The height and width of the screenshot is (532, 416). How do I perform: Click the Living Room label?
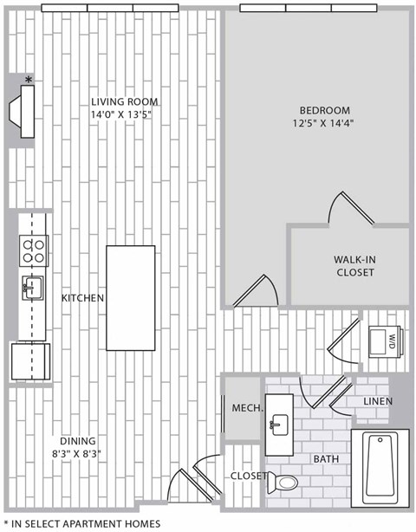pos(121,101)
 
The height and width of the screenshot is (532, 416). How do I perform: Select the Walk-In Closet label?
pos(354,265)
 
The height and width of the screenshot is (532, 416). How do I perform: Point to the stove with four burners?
pos(33,252)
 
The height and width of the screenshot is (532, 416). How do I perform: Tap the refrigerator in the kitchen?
pos(30,361)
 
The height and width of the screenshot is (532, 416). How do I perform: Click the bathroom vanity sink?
pos(278,423)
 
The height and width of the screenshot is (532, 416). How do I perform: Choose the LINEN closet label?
pos(378,401)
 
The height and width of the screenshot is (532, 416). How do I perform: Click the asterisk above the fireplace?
pos(29,81)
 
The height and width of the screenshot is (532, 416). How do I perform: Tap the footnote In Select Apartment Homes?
pos(82,523)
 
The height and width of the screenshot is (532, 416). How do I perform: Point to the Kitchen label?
pos(82,297)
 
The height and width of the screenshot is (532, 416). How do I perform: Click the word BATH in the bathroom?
pos(325,458)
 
